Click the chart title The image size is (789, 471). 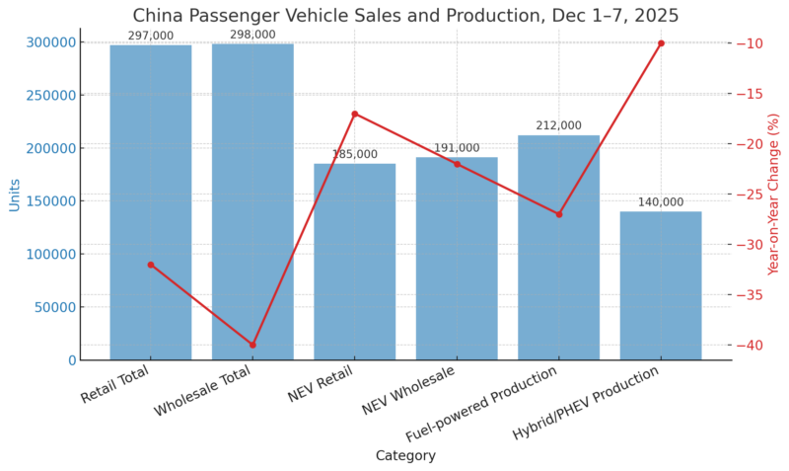[x=405, y=16]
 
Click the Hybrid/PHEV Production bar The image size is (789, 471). [x=661, y=285]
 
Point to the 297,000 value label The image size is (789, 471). [x=150, y=37]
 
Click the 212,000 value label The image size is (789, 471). [x=558, y=126]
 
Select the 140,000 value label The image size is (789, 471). [x=661, y=202]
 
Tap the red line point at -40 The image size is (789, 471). [x=252, y=345]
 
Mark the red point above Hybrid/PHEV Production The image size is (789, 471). [x=661, y=43]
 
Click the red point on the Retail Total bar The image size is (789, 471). [x=150, y=265]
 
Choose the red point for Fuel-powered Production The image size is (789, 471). [x=558, y=214]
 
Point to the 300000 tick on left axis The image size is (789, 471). [x=50, y=42]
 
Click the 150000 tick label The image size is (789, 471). [x=50, y=148]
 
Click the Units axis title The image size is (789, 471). [x=14, y=195]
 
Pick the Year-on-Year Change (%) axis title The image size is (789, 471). [x=773, y=195]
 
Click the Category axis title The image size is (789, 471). [x=405, y=456]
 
